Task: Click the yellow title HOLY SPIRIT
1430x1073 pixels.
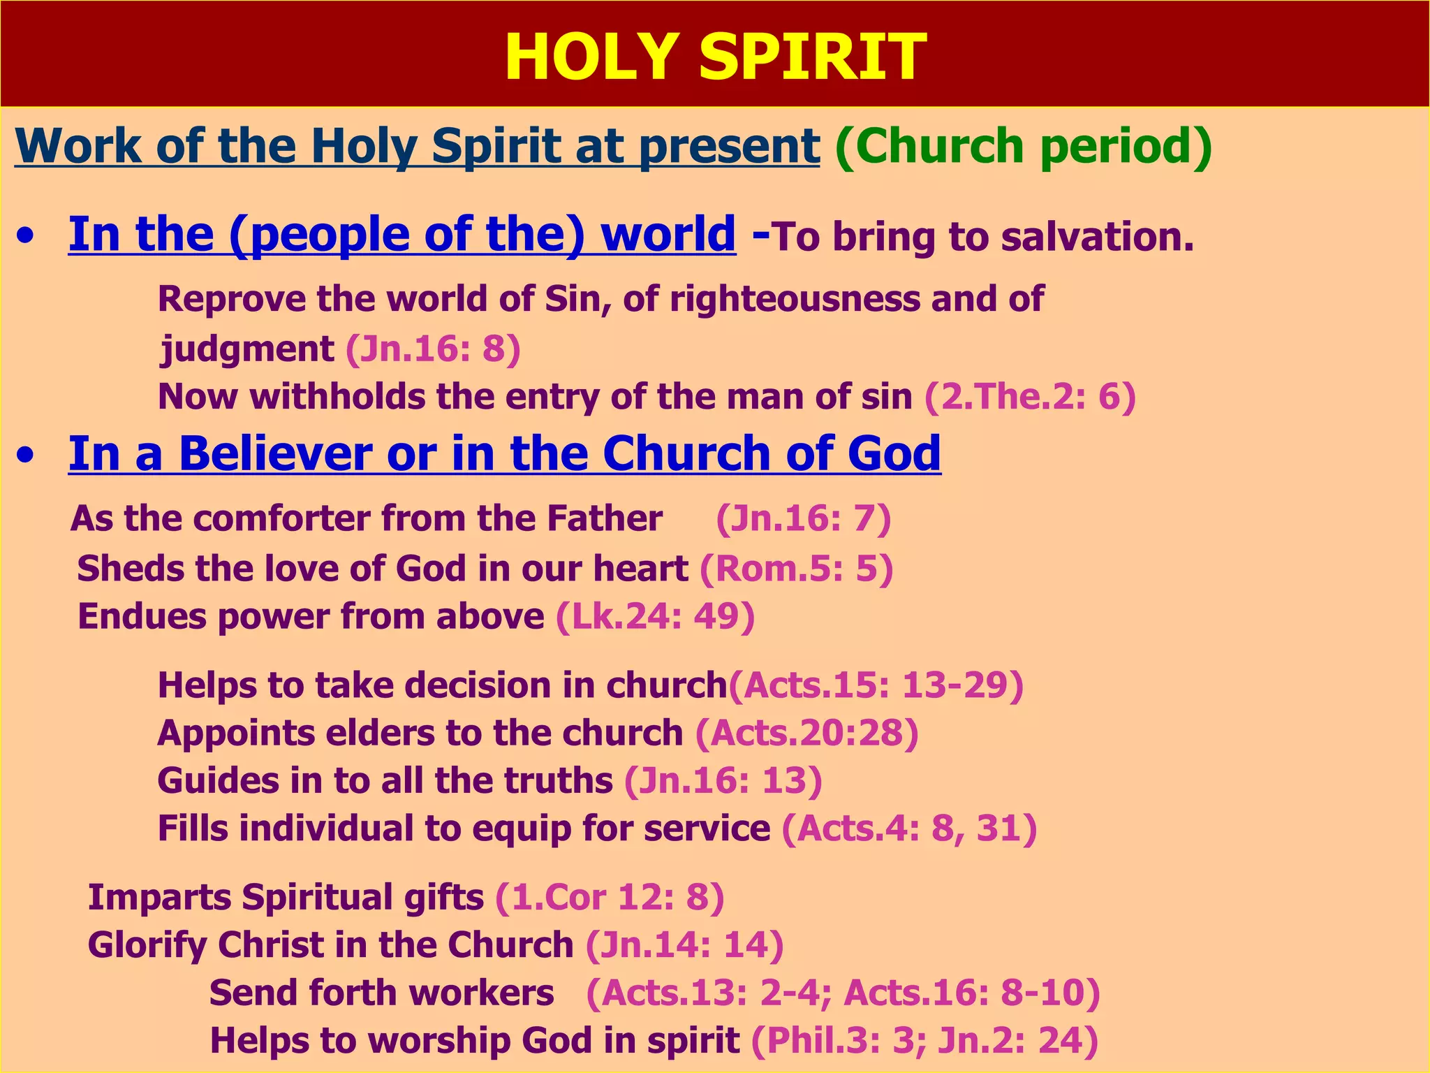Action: (x=714, y=57)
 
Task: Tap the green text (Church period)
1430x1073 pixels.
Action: (x=1023, y=147)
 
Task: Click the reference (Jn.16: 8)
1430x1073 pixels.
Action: (x=433, y=349)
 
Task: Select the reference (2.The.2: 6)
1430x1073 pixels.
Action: (x=1030, y=397)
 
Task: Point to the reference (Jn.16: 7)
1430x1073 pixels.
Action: (x=803, y=519)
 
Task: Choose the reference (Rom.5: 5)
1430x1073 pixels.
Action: (x=796, y=569)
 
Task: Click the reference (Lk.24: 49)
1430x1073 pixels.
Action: (x=655, y=617)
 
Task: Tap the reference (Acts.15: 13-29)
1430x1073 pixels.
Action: (x=876, y=685)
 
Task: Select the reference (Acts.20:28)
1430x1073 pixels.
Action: (x=806, y=733)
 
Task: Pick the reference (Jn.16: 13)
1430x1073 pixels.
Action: (x=723, y=781)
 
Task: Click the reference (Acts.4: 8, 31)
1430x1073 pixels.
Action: (x=909, y=829)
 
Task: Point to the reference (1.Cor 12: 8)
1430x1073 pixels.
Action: (x=610, y=898)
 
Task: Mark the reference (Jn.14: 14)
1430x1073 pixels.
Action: (x=684, y=945)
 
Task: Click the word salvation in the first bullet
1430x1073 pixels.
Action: (x=1097, y=238)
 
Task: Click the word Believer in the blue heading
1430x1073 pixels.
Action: (x=275, y=454)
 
